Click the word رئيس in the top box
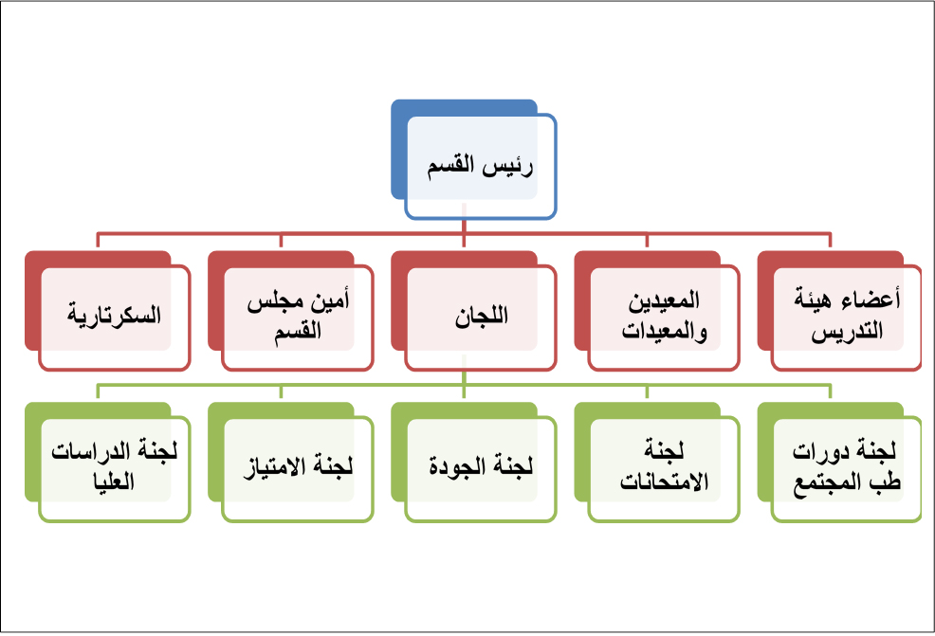pos(508,167)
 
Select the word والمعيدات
pos(665,332)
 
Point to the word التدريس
pos(847,332)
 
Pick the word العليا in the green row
pos(114,482)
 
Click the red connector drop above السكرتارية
pos(98,240)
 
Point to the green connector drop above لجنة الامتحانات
pos(647,391)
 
